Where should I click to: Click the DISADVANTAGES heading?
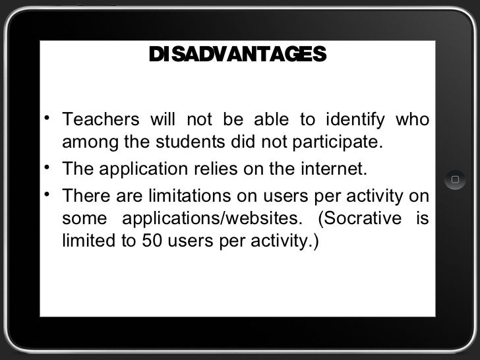click(x=237, y=53)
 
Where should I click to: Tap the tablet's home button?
click(x=454, y=179)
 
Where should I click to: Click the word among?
click(x=84, y=142)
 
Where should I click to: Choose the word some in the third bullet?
click(x=82, y=218)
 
